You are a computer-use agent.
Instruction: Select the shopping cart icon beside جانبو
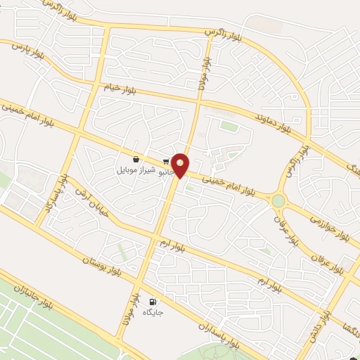tap(166, 160)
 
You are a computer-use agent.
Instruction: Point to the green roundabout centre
tap(278, 200)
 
